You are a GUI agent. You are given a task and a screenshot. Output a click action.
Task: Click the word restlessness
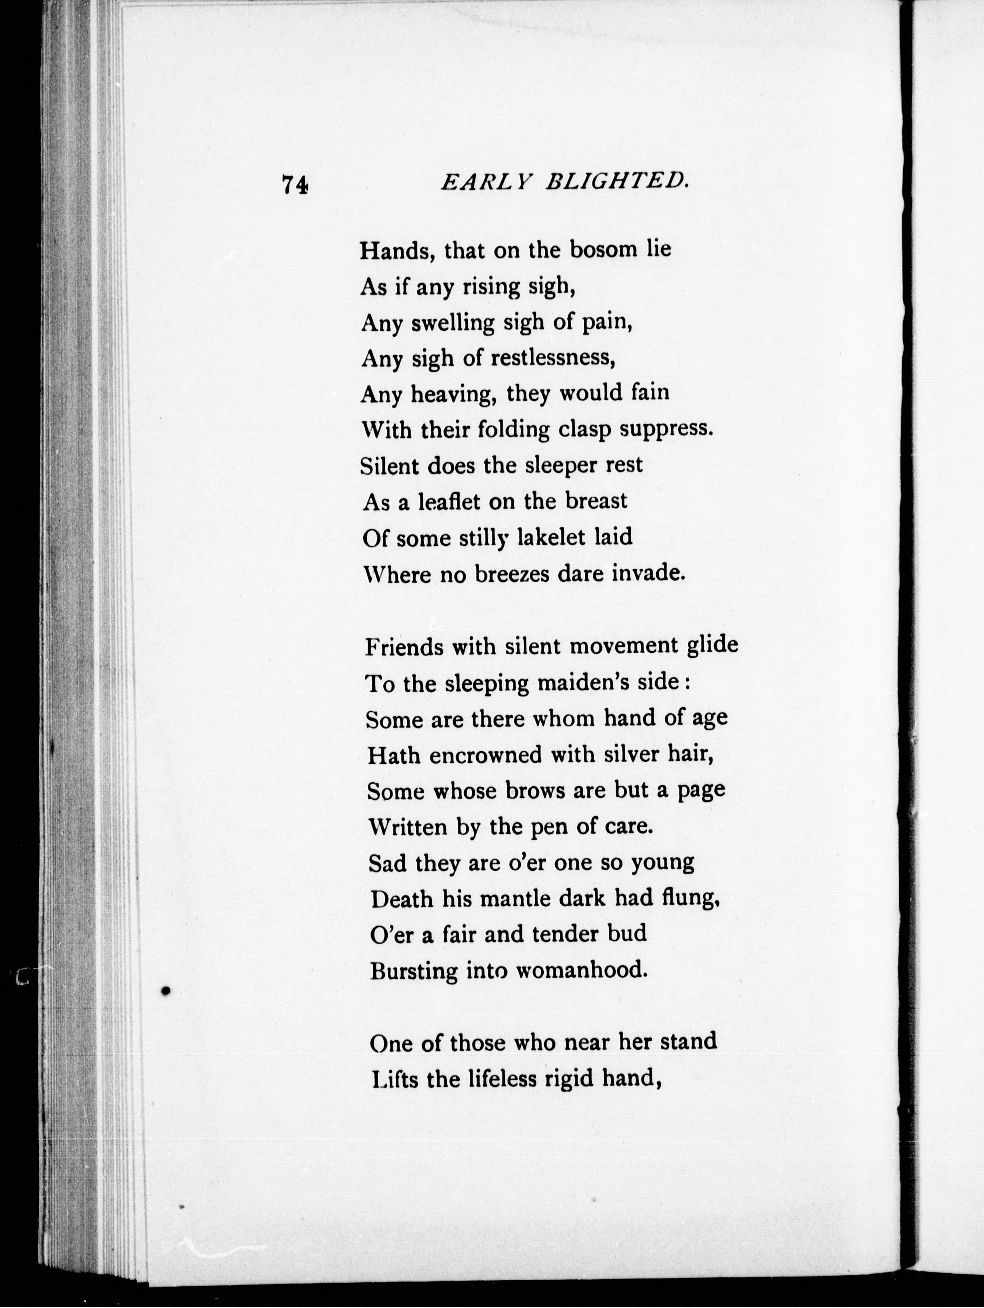point(553,358)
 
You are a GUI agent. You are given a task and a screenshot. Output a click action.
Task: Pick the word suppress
point(665,430)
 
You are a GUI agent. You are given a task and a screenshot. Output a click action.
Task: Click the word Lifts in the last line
point(394,1080)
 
